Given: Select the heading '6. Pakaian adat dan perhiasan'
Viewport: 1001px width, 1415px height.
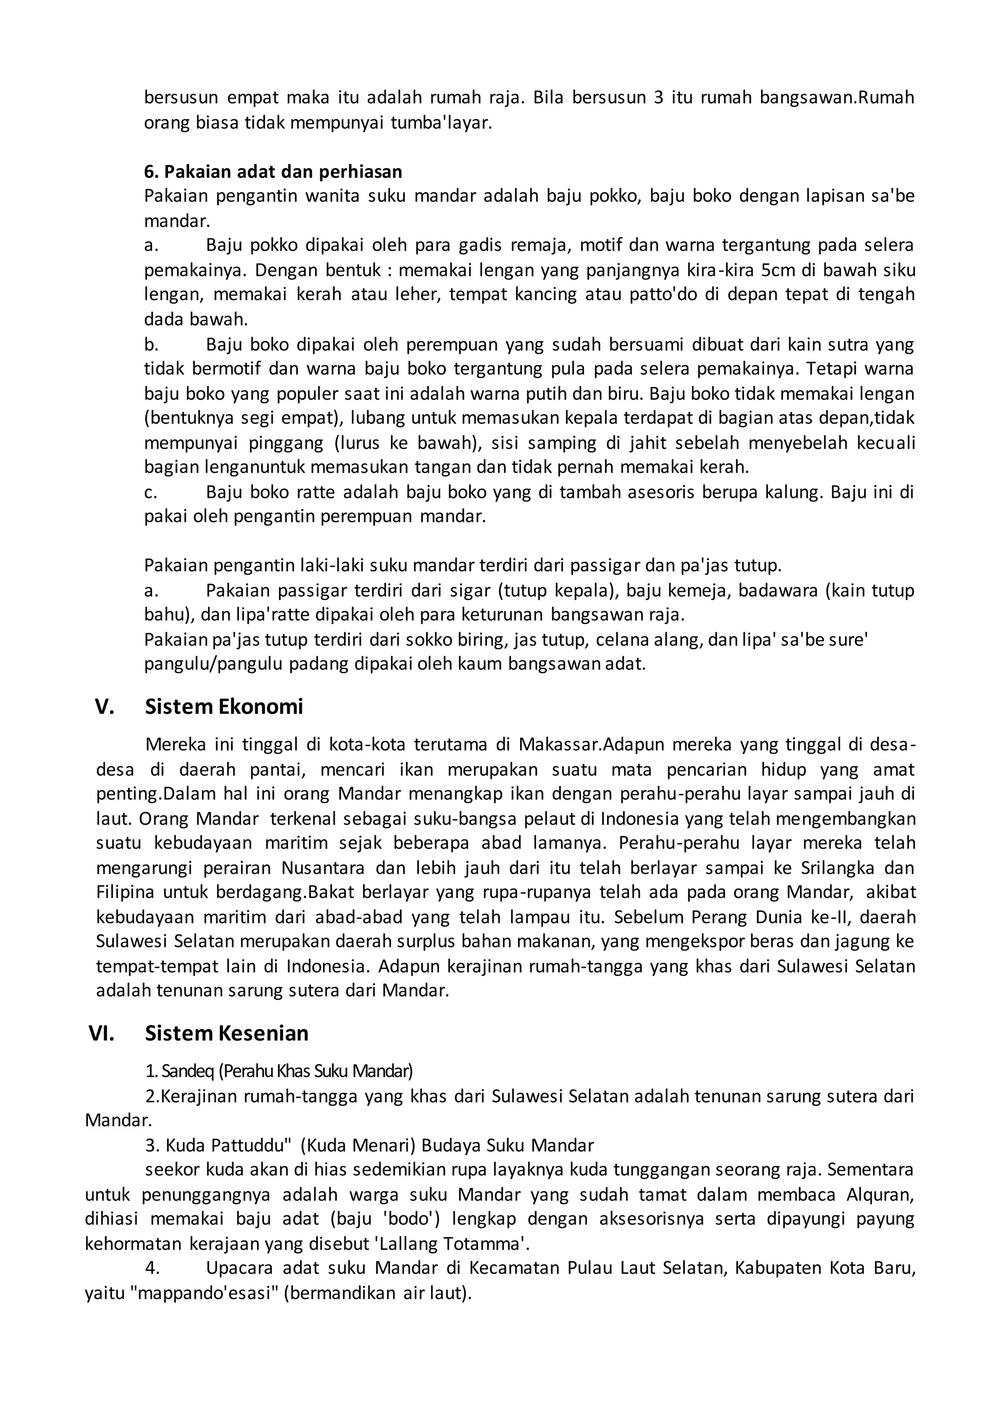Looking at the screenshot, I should tap(273, 172).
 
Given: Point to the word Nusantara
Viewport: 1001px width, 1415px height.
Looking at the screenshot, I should tap(326, 868).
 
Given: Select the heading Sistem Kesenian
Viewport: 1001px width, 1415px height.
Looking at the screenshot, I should tap(226, 1033).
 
